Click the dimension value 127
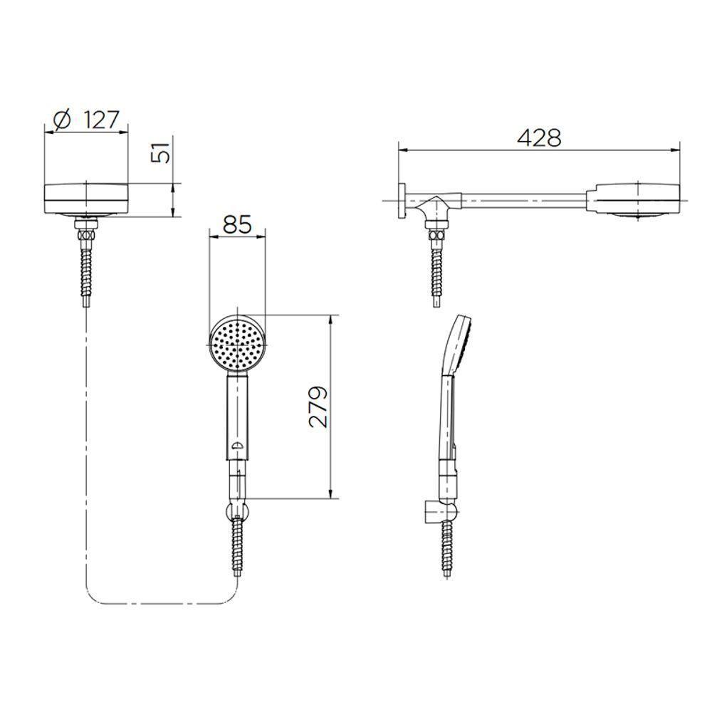101,119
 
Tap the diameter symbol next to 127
62,119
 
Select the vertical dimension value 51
163,152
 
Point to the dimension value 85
237,225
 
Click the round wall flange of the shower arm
403,201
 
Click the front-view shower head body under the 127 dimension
86,197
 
